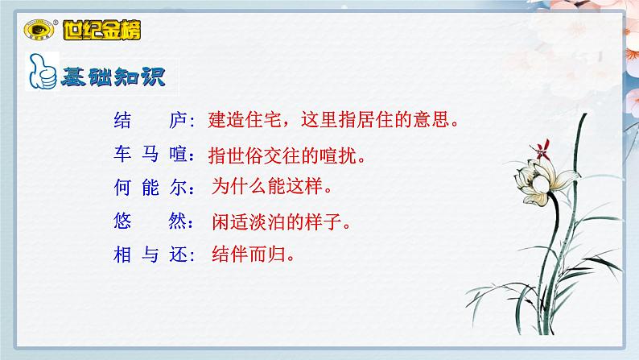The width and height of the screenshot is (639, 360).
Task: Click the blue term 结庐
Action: (150, 122)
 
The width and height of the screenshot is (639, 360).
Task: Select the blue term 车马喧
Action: (150, 155)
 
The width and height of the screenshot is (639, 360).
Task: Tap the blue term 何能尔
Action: (150, 188)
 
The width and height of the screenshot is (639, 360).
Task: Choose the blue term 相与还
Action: (150, 255)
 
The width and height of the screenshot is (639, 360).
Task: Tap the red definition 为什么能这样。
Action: (272, 188)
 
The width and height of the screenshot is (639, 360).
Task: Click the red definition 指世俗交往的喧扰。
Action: (287, 155)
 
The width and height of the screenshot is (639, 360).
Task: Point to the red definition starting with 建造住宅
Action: (333, 122)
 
